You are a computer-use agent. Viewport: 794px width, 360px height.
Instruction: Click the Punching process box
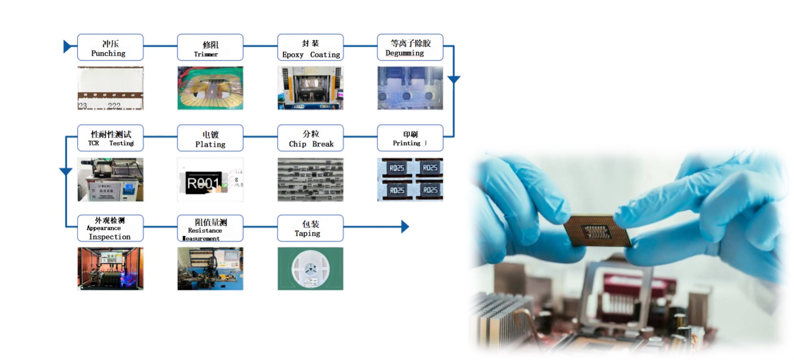[110, 48]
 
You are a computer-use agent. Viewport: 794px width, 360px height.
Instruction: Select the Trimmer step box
[210, 48]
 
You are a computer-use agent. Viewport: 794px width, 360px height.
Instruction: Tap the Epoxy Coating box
[310, 48]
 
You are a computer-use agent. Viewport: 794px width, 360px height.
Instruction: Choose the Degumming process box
[410, 48]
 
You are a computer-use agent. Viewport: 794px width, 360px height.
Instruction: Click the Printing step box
[410, 138]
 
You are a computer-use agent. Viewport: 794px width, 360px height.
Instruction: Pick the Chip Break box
[310, 138]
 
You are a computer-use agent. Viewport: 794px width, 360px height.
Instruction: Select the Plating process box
[210, 138]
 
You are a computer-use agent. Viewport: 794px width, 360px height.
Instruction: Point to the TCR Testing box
[110, 138]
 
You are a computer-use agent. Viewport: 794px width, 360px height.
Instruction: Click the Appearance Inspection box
[110, 228]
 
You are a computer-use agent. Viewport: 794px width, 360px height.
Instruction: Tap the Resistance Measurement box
[210, 228]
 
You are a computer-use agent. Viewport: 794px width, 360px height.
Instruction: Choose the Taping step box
[310, 228]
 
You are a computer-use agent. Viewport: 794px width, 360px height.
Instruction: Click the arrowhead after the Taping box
[405, 227]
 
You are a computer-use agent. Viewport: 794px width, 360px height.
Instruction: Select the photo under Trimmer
[210, 88]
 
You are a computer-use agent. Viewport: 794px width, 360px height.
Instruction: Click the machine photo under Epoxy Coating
[310, 88]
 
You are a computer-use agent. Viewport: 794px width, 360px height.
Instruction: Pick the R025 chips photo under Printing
[410, 180]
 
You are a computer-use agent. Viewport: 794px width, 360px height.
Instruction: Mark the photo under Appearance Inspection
[110, 269]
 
